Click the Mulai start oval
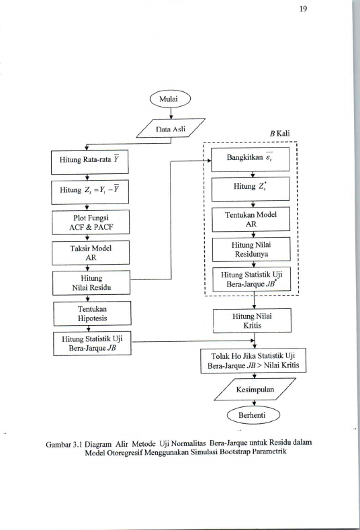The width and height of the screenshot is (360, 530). tap(171, 99)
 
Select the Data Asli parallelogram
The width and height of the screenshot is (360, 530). tap(171, 128)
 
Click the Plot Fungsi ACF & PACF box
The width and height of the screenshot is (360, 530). tap(91, 222)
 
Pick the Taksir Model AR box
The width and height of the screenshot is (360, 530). tap(91, 253)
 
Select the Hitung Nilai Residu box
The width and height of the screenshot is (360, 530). tap(91, 283)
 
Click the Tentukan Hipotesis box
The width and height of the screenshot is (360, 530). tap(92, 313)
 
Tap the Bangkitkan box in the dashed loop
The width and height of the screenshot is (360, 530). tap(251, 159)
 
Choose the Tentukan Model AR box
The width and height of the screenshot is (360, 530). tap(251, 219)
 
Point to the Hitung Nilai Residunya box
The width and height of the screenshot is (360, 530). tap(251, 249)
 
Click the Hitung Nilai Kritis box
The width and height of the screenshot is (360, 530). tap(252, 320)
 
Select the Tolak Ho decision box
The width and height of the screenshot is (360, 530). tap(253, 361)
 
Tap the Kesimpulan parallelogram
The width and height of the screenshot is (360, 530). tap(255, 390)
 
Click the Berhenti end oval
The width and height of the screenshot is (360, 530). tap(253, 415)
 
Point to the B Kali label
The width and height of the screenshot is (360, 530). tap(280, 133)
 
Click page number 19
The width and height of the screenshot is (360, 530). tap(303, 9)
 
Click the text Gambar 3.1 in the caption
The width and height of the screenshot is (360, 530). tap(64, 444)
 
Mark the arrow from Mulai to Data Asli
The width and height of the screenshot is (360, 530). tap(171, 114)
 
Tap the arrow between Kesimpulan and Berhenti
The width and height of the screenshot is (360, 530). tap(254, 404)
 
